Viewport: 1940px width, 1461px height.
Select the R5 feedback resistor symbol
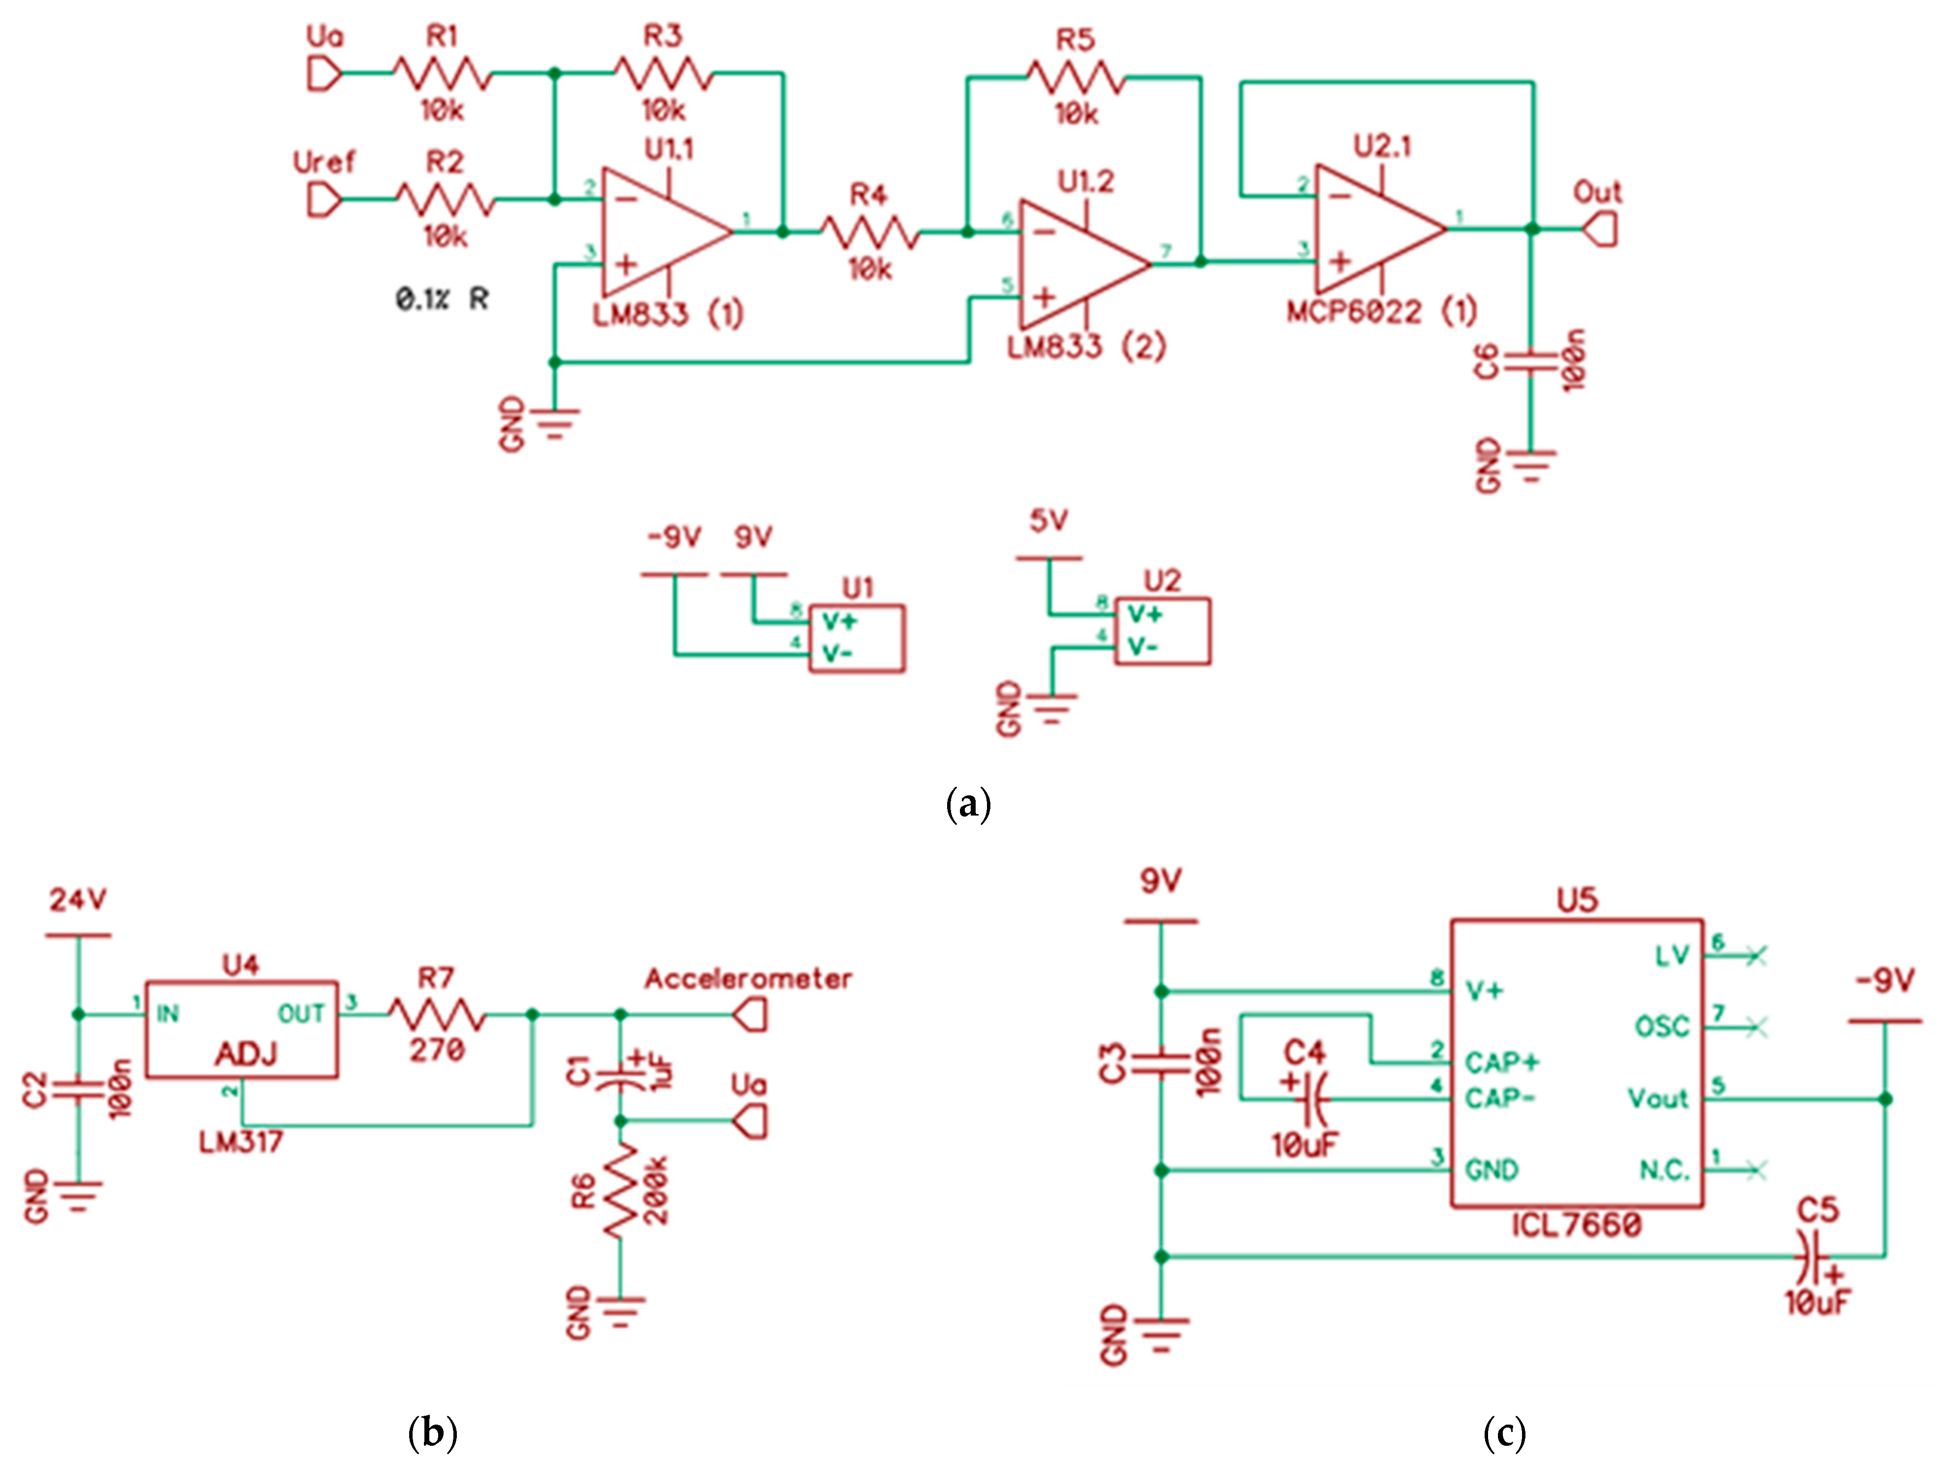[1075, 77]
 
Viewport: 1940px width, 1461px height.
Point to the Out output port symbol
[1599, 230]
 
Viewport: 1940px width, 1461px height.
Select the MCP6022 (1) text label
[1381, 311]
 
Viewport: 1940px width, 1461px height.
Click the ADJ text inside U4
[245, 1053]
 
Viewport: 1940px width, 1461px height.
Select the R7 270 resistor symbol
[436, 1016]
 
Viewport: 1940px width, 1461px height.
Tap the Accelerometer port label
[748, 979]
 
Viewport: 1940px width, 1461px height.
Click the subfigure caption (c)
[1504, 1433]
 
